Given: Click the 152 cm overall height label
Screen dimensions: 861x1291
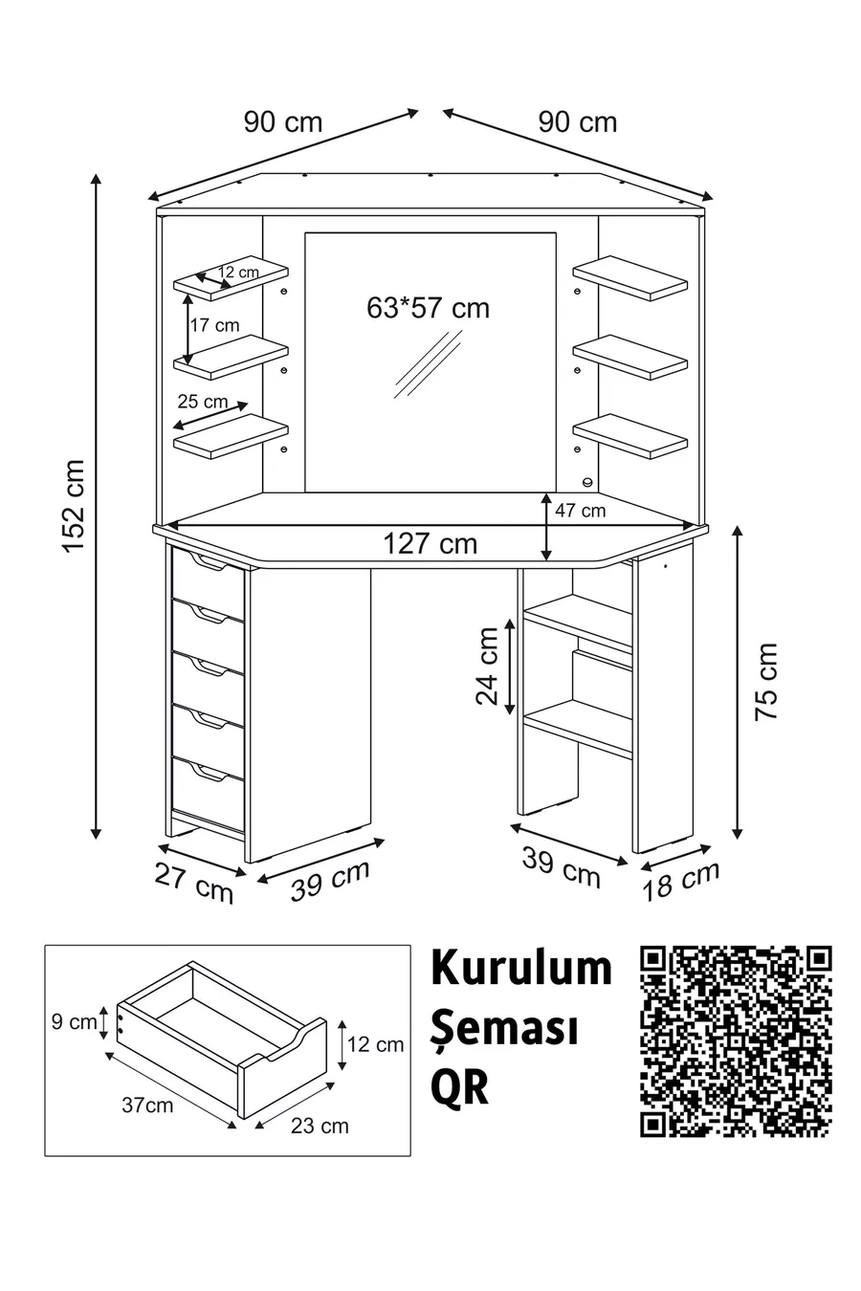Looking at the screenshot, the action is (75, 506).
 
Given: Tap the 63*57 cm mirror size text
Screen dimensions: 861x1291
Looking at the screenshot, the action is (428, 308).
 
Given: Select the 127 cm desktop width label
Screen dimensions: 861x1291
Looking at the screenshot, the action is (430, 543).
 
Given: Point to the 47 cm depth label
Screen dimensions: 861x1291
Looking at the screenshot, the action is (580, 510).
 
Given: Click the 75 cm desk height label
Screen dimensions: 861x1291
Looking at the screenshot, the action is (766, 681).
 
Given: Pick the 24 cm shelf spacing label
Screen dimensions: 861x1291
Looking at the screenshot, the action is (487, 666).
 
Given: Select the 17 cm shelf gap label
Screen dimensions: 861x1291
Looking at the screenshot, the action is (214, 325).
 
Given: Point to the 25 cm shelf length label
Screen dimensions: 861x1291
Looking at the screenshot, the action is (203, 401).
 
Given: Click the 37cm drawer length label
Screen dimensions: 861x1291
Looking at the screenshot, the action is (147, 1105).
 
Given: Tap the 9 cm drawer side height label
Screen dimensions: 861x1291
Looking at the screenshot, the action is (74, 1022).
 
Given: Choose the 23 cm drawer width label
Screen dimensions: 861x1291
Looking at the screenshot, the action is (320, 1126).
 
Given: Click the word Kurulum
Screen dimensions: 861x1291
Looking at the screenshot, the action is (521, 968).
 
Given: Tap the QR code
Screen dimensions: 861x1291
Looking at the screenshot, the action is (736, 1041).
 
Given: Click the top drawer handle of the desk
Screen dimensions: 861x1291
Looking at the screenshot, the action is (209, 563).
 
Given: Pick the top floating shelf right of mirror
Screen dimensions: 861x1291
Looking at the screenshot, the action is (629, 278).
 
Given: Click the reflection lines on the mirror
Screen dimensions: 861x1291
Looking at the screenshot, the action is (429, 363).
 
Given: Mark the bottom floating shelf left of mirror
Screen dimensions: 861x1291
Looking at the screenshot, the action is (231, 436).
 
